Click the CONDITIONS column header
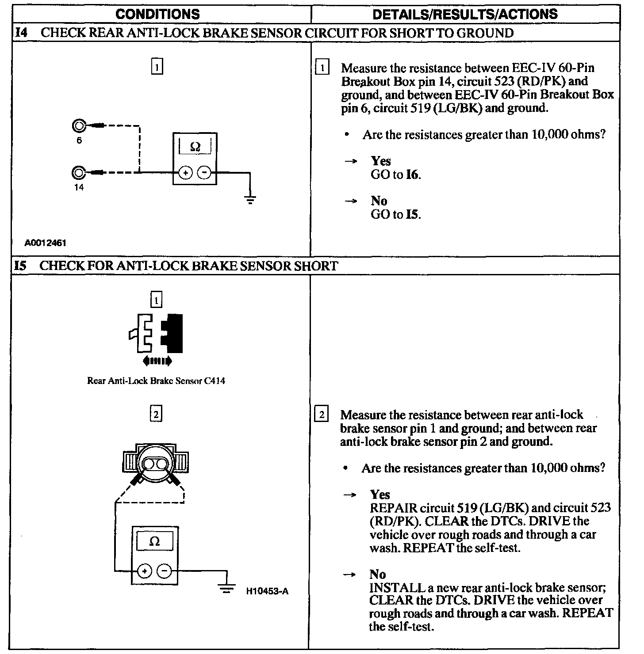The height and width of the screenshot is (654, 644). click(158, 14)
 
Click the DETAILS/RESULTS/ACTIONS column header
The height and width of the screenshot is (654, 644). click(465, 14)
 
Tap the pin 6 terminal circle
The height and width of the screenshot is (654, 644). click(78, 126)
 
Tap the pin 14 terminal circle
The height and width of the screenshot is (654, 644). click(78, 172)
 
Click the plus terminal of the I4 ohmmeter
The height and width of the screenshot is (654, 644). click(185, 173)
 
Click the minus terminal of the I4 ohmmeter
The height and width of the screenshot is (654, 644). click(204, 173)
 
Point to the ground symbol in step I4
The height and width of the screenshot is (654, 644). click(250, 200)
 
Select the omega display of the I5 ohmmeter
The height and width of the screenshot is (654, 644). click(154, 541)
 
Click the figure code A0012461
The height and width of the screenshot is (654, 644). click(46, 243)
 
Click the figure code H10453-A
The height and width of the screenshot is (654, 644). click(267, 591)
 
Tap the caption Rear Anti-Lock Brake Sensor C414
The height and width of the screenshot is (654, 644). click(156, 380)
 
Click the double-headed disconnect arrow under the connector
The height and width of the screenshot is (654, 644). click(157, 361)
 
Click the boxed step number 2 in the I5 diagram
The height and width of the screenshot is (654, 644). click(156, 414)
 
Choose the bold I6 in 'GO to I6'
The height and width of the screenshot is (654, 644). click(412, 175)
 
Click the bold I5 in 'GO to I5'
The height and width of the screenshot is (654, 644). click(412, 214)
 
